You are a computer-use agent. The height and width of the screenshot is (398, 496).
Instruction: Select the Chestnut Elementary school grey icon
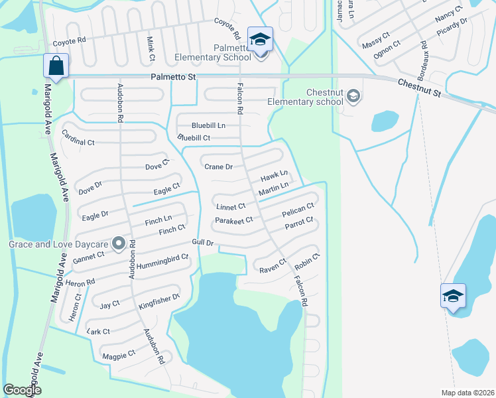coord(353,97)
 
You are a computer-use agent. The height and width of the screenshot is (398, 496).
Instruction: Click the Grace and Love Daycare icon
coord(119,244)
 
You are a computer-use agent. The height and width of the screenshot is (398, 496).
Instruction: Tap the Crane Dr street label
coord(218,167)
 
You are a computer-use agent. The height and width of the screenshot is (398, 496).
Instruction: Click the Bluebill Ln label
coord(208,125)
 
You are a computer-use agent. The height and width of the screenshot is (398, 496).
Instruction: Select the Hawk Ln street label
coord(273,176)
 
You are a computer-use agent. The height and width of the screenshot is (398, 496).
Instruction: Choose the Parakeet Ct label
coord(234,220)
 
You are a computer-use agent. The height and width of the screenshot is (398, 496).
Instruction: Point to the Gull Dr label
coord(203,243)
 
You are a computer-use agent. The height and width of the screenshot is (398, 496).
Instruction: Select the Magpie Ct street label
coord(119,355)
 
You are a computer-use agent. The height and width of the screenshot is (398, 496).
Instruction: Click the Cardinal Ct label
coord(78,142)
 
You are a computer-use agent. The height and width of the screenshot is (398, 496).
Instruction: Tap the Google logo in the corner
coord(23,390)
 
